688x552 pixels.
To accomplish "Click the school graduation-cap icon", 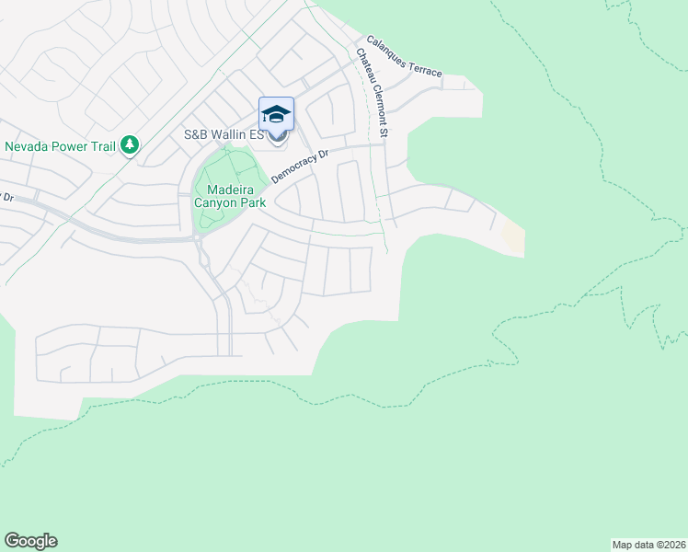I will [x=276, y=115].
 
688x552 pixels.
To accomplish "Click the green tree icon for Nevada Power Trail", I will [x=130, y=144].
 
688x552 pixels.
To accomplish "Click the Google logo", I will [x=29, y=541].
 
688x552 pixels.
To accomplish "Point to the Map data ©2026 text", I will [x=648, y=545].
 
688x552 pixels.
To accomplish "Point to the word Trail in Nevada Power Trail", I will [x=103, y=145].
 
